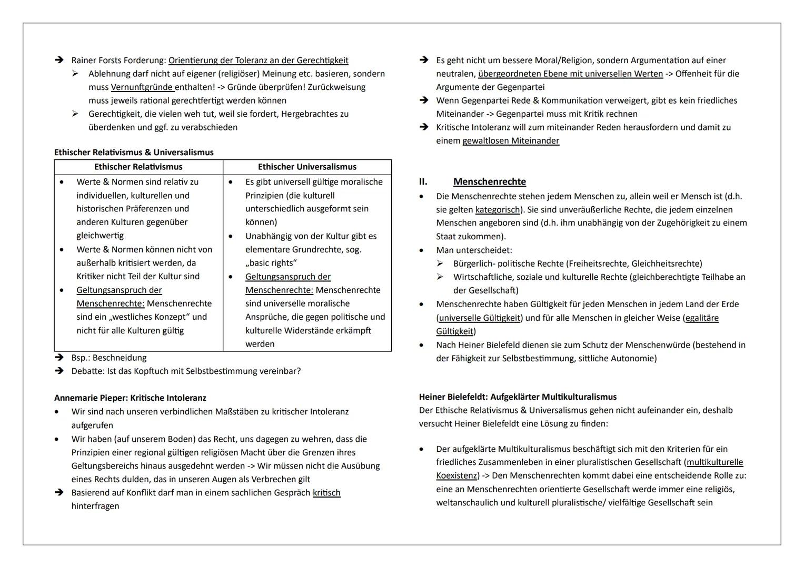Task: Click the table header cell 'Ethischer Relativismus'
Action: [138, 167]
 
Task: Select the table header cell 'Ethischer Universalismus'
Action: [307, 167]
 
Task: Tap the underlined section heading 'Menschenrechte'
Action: [489, 181]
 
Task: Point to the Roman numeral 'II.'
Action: [423, 181]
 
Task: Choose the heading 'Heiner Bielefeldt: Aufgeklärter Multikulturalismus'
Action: [518, 397]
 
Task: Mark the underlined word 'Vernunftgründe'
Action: [142, 87]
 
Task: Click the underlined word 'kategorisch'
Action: [498, 210]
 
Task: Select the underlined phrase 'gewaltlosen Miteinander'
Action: [511, 141]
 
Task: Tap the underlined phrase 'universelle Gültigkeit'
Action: [480, 318]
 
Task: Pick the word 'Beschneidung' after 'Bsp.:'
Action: [120, 358]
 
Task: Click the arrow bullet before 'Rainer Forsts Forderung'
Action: [59, 60]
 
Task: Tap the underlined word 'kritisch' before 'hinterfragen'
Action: [326, 493]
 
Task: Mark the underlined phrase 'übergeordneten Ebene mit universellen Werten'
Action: [570, 74]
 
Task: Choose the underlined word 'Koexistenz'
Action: [457, 476]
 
